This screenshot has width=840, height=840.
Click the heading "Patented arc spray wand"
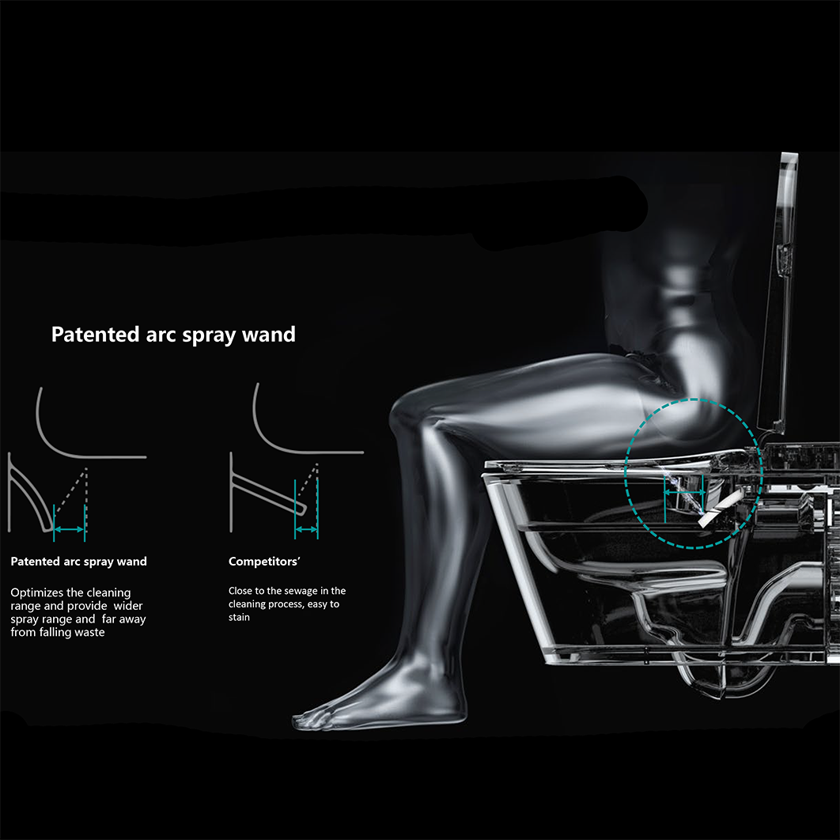[x=173, y=335]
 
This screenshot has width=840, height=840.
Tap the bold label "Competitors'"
[x=264, y=562]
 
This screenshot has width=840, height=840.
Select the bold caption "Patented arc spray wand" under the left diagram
[x=79, y=562]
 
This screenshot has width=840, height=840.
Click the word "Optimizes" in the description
[x=36, y=593]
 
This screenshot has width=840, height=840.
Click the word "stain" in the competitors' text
[x=239, y=617]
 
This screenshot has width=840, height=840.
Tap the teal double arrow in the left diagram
[x=69, y=529]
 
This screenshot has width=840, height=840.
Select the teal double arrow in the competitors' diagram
[x=306, y=529]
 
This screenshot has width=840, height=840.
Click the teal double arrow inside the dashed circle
[x=684, y=492]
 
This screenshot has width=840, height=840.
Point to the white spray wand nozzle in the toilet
[x=721, y=508]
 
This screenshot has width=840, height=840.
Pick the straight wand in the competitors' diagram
[x=268, y=493]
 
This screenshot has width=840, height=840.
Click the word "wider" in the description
[x=128, y=606]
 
